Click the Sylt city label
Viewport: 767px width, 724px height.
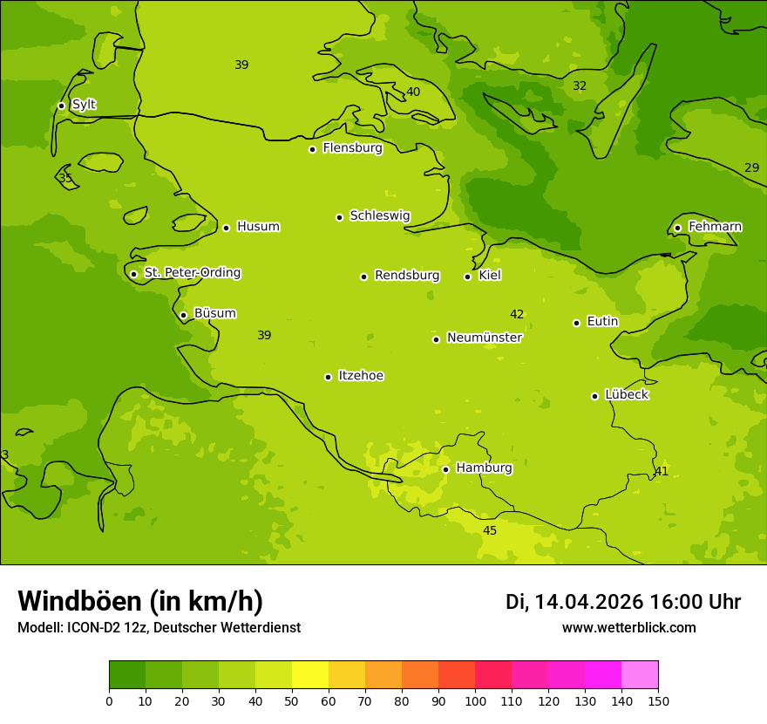point(84,105)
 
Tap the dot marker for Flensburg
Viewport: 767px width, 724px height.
point(312,149)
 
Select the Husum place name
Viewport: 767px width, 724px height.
point(258,227)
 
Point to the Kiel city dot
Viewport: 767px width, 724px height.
point(467,277)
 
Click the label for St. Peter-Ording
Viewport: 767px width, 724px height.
point(192,273)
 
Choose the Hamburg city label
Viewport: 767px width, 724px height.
point(484,468)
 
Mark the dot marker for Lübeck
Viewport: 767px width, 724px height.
point(594,396)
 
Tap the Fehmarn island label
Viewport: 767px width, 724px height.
point(715,227)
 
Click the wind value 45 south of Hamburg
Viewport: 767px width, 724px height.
point(490,530)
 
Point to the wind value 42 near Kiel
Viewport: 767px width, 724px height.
point(517,314)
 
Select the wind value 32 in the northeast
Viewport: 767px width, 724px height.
point(580,85)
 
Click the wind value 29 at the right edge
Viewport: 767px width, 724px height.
point(751,167)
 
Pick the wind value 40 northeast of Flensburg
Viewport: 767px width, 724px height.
point(413,92)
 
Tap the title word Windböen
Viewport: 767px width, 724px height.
point(78,601)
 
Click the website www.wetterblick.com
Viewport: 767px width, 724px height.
point(628,628)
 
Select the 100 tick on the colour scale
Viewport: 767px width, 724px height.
point(475,700)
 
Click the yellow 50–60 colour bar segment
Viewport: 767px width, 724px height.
point(310,675)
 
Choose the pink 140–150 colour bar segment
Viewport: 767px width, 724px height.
point(640,675)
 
